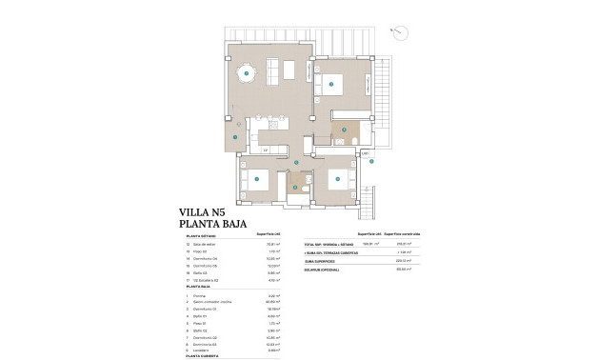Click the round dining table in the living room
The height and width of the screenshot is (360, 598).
pos(247,72)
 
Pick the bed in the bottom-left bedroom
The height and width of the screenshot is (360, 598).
pos(258,176)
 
